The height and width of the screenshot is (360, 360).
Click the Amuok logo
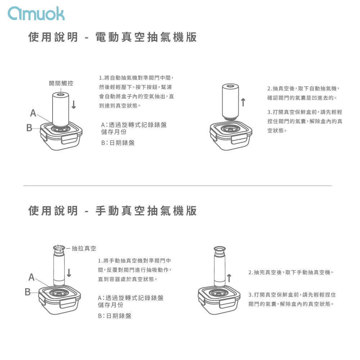click(36, 14)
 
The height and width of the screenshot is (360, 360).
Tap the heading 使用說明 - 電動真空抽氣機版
click(112, 37)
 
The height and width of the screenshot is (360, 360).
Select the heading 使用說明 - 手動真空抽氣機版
click(112, 211)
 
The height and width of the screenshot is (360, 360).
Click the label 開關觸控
click(61, 83)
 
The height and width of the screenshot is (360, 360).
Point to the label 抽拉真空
click(84, 248)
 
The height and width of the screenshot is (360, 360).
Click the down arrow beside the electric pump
click(74, 104)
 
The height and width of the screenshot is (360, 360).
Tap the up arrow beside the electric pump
click(243, 102)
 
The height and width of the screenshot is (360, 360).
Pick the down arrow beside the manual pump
click(69, 272)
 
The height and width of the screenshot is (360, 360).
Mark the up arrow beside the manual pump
click(229, 278)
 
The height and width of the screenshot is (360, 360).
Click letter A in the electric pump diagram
click(33, 113)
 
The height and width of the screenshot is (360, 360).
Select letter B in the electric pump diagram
click(29, 128)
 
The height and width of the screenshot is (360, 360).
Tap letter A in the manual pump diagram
click(31, 277)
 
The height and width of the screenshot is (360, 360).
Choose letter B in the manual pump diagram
click(28, 292)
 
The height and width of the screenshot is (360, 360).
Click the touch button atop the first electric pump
click(60, 94)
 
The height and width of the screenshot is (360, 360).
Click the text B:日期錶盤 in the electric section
click(118, 143)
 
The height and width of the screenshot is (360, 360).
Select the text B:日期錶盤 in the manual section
click(114, 316)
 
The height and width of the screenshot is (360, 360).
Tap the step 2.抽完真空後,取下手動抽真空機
click(291, 272)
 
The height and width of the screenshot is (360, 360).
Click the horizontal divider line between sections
click(178, 185)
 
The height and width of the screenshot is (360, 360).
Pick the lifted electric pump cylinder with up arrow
click(230, 102)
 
